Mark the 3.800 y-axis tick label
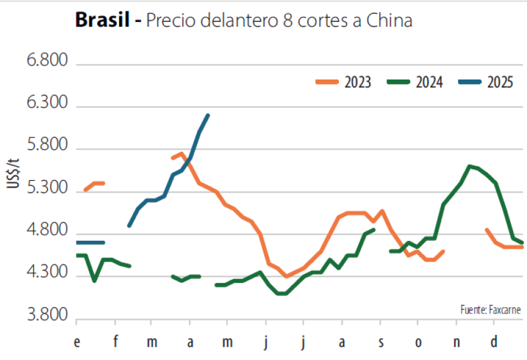coord(46,317)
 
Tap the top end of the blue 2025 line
coord(208,115)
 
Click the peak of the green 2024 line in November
coord(469,166)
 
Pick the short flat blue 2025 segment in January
coord(90,242)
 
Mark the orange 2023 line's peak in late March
coord(181,154)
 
